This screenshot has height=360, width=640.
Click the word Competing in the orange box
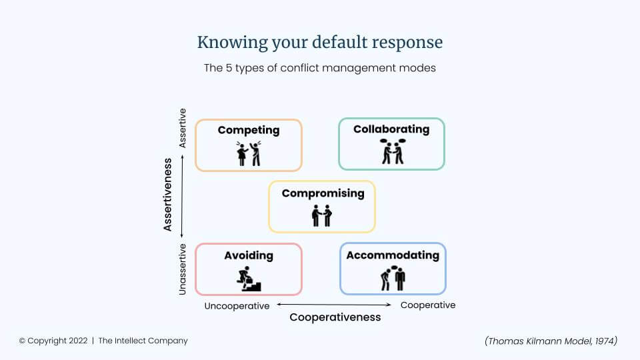[x=249, y=130]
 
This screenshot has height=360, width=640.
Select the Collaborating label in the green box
[x=391, y=129]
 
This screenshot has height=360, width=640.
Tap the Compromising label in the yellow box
[x=323, y=193]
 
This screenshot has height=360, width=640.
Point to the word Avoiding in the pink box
[x=249, y=255]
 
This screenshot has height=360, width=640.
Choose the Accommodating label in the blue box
[x=393, y=255]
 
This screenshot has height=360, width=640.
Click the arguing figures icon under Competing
[x=249, y=153]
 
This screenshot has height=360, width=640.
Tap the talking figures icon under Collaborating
[x=393, y=151]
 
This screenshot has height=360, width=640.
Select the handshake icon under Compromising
[x=322, y=215]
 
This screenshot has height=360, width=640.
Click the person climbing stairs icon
[x=249, y=279]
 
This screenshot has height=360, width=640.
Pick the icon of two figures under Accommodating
[x=393, y=278]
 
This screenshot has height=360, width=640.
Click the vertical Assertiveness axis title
[x=167, y=195]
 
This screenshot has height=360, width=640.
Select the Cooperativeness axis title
[x=335, y=317]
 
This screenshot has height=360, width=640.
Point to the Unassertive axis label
[x=182, y=269]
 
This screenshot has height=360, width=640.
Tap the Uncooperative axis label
[x=237, y=306]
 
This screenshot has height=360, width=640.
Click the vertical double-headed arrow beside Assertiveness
[x=182, y=196]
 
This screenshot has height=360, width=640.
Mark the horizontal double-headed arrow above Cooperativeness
[x=334, y=305]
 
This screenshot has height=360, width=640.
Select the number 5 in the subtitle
[x=229, y=68]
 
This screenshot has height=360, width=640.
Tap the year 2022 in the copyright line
[x=78, y=341]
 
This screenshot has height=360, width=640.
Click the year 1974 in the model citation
[x=604, y=341]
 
